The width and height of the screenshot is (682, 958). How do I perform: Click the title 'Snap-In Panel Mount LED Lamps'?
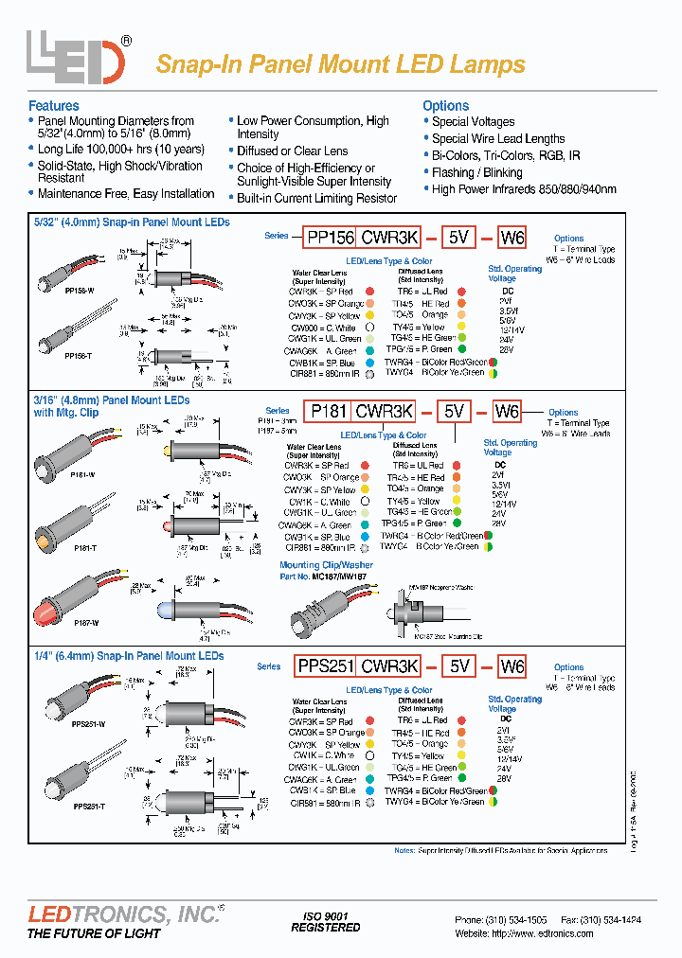(340, 64)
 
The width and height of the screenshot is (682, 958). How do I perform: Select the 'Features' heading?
(54, 106)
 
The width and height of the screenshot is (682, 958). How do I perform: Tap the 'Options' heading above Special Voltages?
(445, 106)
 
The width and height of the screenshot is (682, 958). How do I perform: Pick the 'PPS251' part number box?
(325, 666)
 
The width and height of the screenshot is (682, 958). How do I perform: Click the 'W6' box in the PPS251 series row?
(511, 666)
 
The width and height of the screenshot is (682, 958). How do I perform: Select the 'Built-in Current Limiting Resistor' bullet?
(316, 198)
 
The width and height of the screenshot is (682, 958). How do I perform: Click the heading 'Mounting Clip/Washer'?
(326, 565)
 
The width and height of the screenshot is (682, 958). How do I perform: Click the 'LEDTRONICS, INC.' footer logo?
(123, 914)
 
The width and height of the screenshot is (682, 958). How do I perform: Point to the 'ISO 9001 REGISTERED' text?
(325, 922)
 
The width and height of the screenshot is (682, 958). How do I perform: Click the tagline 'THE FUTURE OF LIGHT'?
(94, 933)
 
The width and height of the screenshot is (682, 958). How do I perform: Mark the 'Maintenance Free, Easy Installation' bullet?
(126, 193)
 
